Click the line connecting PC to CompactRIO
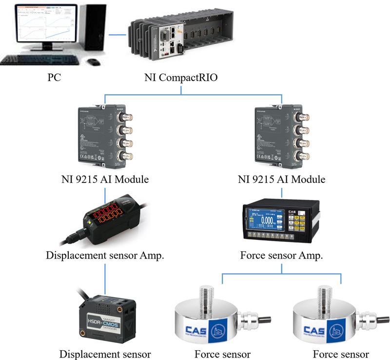pos(117,35)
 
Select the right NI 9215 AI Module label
pos(281,179)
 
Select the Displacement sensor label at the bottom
pos(105,354)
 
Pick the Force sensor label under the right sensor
pos(341,354)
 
